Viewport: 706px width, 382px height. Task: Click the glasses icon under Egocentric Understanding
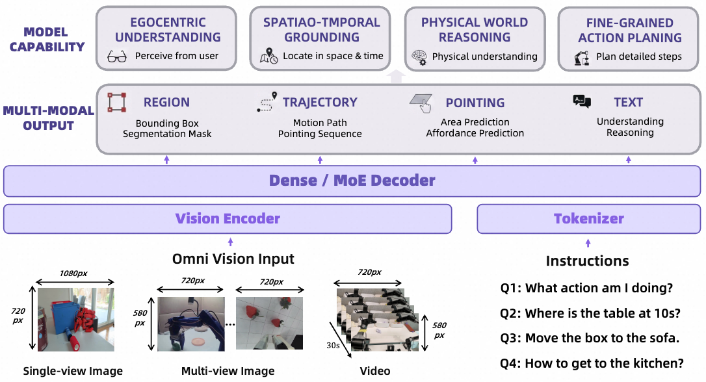pyautogui.click(x=117, y=57)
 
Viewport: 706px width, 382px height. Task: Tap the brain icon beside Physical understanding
pyautogui.click(x=419, y=57)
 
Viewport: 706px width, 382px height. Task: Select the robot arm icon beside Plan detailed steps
pyautogui.click(x=581, y=57)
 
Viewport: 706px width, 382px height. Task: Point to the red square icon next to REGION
pyautogui.click(x=117, y=102)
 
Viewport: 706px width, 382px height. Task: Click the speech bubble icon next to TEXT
pyautogui.click(x=582, y=101)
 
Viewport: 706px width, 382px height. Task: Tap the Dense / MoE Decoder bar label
pyautogui.click(x=352, y=181)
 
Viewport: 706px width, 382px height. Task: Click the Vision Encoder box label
pyautogui.click(x=228, y=219)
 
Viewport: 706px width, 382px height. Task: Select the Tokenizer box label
pyautogui.click(x=588, y=219)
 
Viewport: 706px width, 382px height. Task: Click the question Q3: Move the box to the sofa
pyautogui.click(x=590, y=338)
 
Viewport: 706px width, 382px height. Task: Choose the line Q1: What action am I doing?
pyautogui.click(x=586, y=288)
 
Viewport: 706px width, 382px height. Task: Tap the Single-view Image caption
pyautogui.click(x=73, y=372)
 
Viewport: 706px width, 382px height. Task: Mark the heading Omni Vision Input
pyautogui.click(x=233, y=259)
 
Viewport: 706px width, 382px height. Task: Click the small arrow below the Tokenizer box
pyautogui.click(x=588, y=242)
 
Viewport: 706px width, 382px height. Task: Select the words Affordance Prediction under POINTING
pyautogui.click(x=475, y=133)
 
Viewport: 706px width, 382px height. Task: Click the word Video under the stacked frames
pyautogui.click(x=375, y=372)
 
